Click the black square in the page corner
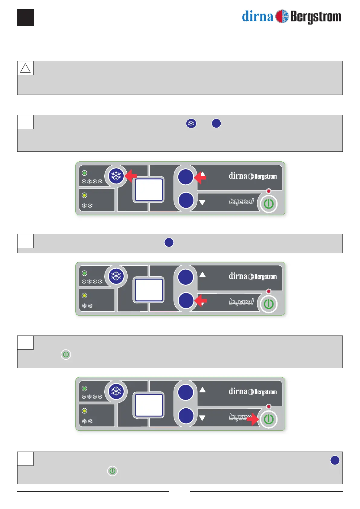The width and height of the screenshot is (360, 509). pos(26,18)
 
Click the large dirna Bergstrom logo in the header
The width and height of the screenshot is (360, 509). pos(291,17)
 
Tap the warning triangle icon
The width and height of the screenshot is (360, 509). pos(25,68)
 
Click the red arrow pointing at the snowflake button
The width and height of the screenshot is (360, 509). pos(131,176)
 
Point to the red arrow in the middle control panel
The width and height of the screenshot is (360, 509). pos(200,301)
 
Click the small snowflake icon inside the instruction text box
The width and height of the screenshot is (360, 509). pos(191,123)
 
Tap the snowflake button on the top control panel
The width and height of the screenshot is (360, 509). pos(116,176)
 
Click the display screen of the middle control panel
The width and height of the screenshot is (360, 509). pos(149,290)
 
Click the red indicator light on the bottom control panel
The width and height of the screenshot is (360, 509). pos(269,407)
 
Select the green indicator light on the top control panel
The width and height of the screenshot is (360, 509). pos(85,173)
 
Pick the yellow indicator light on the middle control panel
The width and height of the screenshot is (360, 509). pos(85,296)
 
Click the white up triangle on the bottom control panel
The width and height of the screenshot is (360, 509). pos(203,390)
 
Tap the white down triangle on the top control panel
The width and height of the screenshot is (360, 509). pos(202,203)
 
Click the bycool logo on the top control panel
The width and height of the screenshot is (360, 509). pos(241,201)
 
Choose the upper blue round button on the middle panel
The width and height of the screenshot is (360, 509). pos(186,277)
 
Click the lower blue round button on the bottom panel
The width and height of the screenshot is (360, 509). pos(186,416)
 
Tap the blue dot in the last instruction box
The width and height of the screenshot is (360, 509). pos(335,460)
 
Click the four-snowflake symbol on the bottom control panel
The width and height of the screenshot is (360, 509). pos(92,397)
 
